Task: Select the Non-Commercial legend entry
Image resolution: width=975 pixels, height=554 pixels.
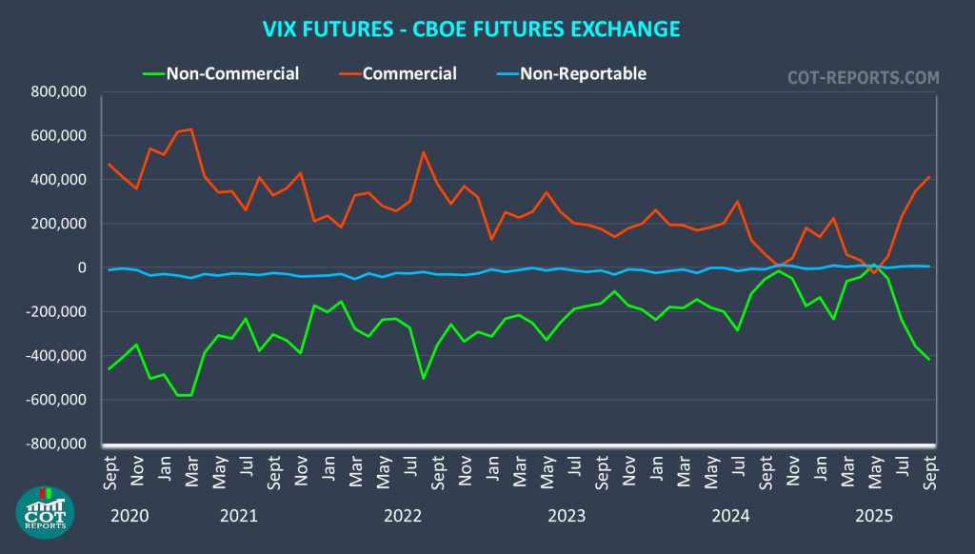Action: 232,73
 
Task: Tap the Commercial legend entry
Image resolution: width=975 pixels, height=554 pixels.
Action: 409,73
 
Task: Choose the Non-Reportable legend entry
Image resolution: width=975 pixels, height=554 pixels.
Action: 583,73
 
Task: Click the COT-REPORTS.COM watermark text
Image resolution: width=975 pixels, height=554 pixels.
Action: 864,77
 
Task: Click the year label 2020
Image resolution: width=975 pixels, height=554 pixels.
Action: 129,516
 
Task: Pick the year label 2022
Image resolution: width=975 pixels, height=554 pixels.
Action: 403,516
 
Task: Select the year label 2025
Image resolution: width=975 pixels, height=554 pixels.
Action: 874,516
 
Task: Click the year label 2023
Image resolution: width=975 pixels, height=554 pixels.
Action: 567,516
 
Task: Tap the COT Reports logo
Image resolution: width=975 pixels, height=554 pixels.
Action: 46,511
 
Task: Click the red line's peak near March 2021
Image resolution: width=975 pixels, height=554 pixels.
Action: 191,129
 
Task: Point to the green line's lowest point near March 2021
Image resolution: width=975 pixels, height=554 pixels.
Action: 191,395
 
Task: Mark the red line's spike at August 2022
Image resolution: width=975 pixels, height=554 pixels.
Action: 423,152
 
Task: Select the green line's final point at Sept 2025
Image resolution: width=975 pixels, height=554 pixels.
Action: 929,359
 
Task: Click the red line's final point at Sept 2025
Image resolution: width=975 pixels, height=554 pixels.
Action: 929,177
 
